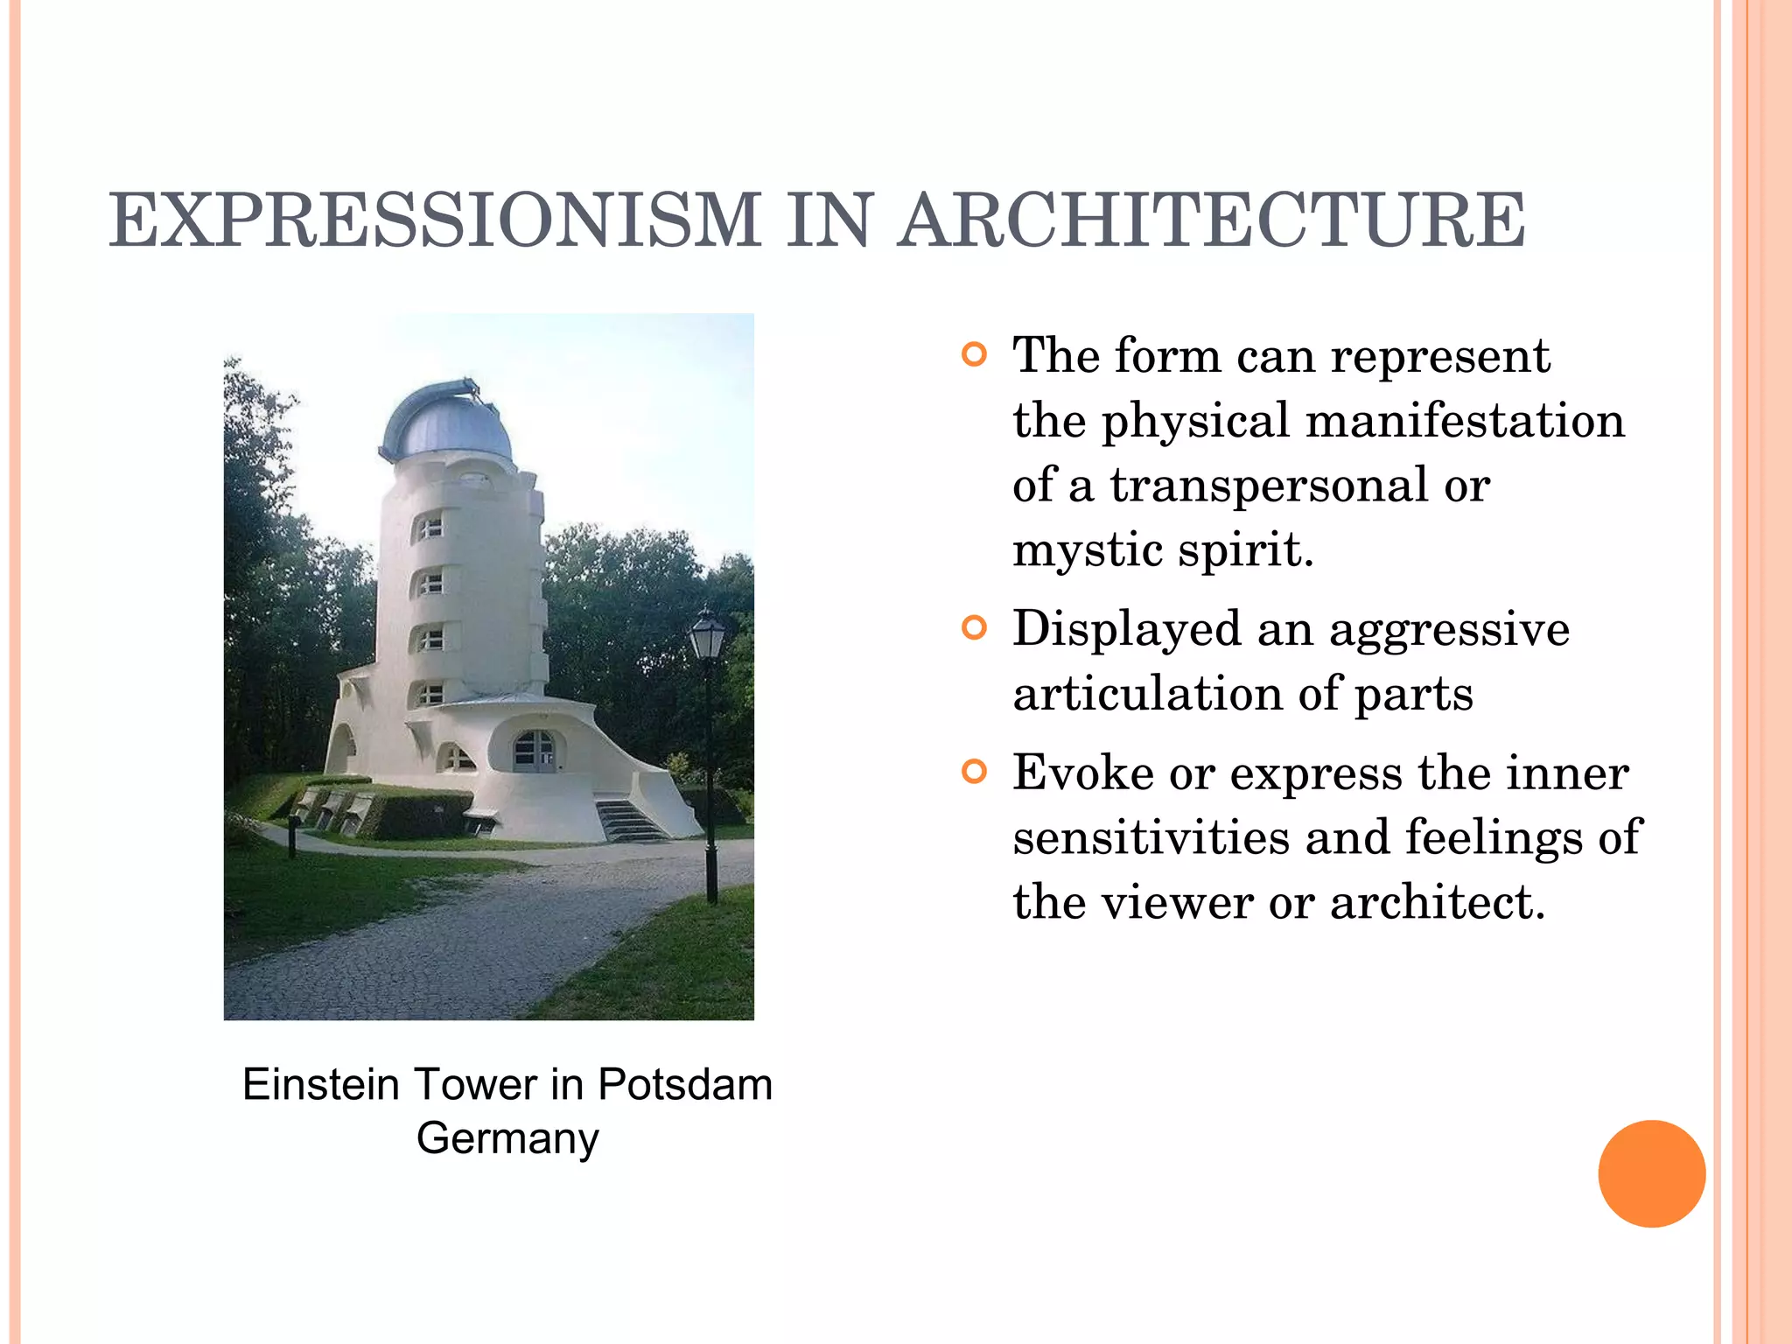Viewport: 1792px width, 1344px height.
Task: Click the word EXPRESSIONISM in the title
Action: point(435,220)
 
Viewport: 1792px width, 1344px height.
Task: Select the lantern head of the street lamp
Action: point(707,636)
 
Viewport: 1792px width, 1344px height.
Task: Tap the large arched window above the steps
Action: point(534,751)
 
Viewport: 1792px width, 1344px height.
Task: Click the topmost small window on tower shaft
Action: point(429,528)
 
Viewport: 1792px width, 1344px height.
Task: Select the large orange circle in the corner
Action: point(1651,1173)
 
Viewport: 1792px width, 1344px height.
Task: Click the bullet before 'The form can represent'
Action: point(974,355)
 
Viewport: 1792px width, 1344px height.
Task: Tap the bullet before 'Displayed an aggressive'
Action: point(974,628)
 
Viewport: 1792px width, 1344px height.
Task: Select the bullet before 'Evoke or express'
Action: point(974,772)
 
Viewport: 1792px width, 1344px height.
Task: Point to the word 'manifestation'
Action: point(1465,421)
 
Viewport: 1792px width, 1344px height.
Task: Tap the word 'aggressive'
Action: point(1449,630)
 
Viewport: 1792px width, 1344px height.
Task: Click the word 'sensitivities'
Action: point(1151,837)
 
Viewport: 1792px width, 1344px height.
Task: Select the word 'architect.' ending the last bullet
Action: point(1438,902)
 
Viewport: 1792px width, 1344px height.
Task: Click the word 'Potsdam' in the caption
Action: point(685,1085)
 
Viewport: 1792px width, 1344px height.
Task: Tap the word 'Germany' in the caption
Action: point(507,1138)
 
